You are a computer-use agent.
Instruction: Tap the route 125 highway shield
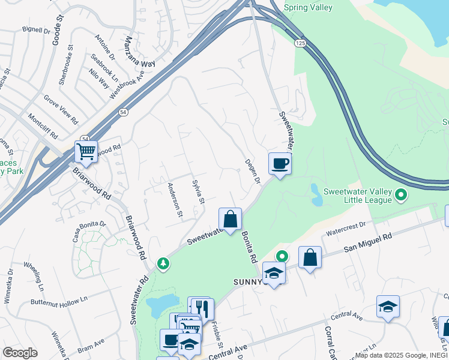click(300, 43)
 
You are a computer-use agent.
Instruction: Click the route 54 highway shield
click(123, 112)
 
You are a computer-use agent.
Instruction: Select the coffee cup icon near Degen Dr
click(280, 163)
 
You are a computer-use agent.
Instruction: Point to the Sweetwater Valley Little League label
click(358, 196)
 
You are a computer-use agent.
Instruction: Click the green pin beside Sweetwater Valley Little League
click(402, 195)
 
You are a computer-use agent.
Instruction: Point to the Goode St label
click(59, 23)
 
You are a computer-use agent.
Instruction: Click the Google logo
click(19, 353)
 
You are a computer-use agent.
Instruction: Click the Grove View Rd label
click(61, 108)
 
